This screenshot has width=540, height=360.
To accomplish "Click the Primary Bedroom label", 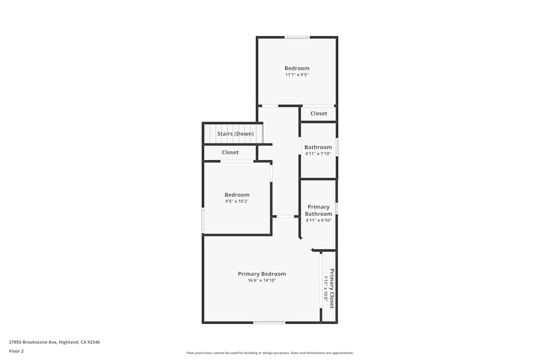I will (262, 274).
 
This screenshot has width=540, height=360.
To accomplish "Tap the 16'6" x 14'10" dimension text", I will (262, 281).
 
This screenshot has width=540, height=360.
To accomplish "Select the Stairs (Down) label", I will (235, 134).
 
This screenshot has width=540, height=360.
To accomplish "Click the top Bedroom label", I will (297, 68).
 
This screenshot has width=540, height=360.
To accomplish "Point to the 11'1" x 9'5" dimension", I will (297, 75).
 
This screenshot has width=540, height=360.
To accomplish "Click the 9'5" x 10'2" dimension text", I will (237, 201).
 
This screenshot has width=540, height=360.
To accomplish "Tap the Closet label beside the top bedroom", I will (319, 113).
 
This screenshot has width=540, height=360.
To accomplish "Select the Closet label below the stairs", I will (230, 152).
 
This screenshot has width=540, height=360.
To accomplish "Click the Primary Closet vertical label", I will (332, 288).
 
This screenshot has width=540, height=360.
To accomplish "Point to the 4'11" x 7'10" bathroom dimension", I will (318, 154).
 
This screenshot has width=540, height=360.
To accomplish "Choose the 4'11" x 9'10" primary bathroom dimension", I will (319, 220).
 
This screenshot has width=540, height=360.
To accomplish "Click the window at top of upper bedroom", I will (297, 37).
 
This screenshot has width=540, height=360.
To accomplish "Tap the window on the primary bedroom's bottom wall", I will (269, 323).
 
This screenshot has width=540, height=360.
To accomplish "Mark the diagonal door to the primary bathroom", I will (306, 244).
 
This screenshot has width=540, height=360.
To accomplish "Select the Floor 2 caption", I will (16, 351).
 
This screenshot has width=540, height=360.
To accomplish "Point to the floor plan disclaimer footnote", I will (270, 353).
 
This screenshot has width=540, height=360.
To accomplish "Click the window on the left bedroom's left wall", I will (203, 221).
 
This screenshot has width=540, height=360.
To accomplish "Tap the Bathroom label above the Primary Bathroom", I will (318, 147).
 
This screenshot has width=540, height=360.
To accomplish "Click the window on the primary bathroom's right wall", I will (336, 208).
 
